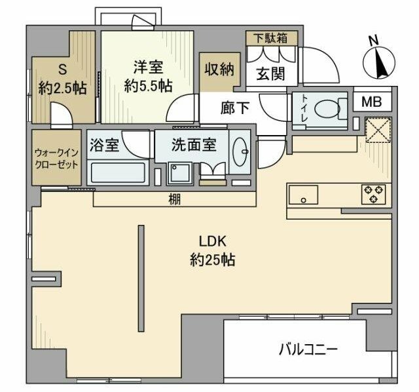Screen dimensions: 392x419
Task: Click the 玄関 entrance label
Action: point(270,74)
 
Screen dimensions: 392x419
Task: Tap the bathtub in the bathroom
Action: point(118,174)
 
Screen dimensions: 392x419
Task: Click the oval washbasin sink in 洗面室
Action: point(240,155)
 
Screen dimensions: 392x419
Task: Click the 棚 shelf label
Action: point(175,200)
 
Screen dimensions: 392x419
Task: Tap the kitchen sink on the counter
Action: point(302,194)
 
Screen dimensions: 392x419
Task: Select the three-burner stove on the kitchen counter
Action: point(374,193)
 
